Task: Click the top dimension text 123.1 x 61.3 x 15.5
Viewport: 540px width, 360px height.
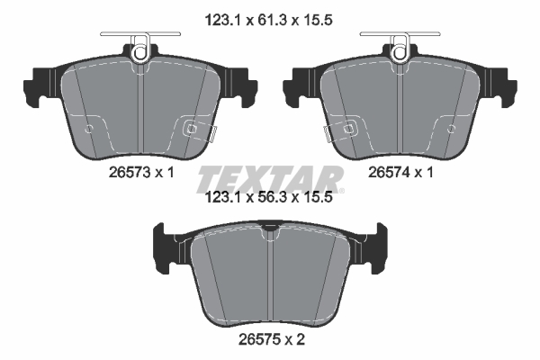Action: (x=268, y=21)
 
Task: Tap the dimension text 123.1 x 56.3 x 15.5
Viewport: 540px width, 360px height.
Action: (x=268, y=198)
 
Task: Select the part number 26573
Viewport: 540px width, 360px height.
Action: (x=130, y=172)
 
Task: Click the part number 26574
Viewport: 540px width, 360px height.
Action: (x=389, y=172)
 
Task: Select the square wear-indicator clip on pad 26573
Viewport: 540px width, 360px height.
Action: (x=191, y=129)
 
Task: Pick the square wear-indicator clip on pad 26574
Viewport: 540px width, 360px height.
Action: (x=349, y=129)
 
